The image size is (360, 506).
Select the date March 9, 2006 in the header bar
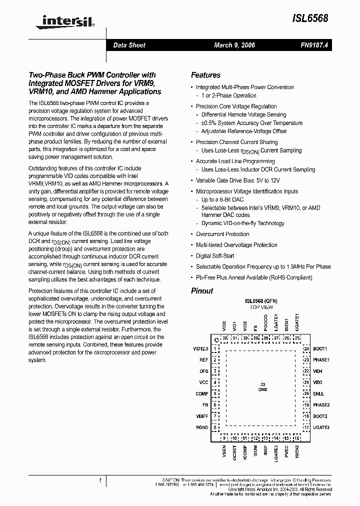pos(234,45)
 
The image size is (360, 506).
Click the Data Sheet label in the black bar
pos(129,45)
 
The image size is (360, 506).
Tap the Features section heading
pos(205,75)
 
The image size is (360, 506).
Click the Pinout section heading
pos(202,291)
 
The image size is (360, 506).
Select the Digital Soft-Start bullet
pos(215,256)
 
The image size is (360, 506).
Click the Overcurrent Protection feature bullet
pos(222,234)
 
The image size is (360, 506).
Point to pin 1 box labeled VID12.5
pos(215,348)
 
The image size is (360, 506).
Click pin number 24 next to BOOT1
pos(306,348)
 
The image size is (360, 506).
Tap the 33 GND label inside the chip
pos(262,386)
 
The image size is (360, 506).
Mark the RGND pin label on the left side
pos(202,427)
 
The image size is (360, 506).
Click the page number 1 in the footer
pos(100,480)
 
